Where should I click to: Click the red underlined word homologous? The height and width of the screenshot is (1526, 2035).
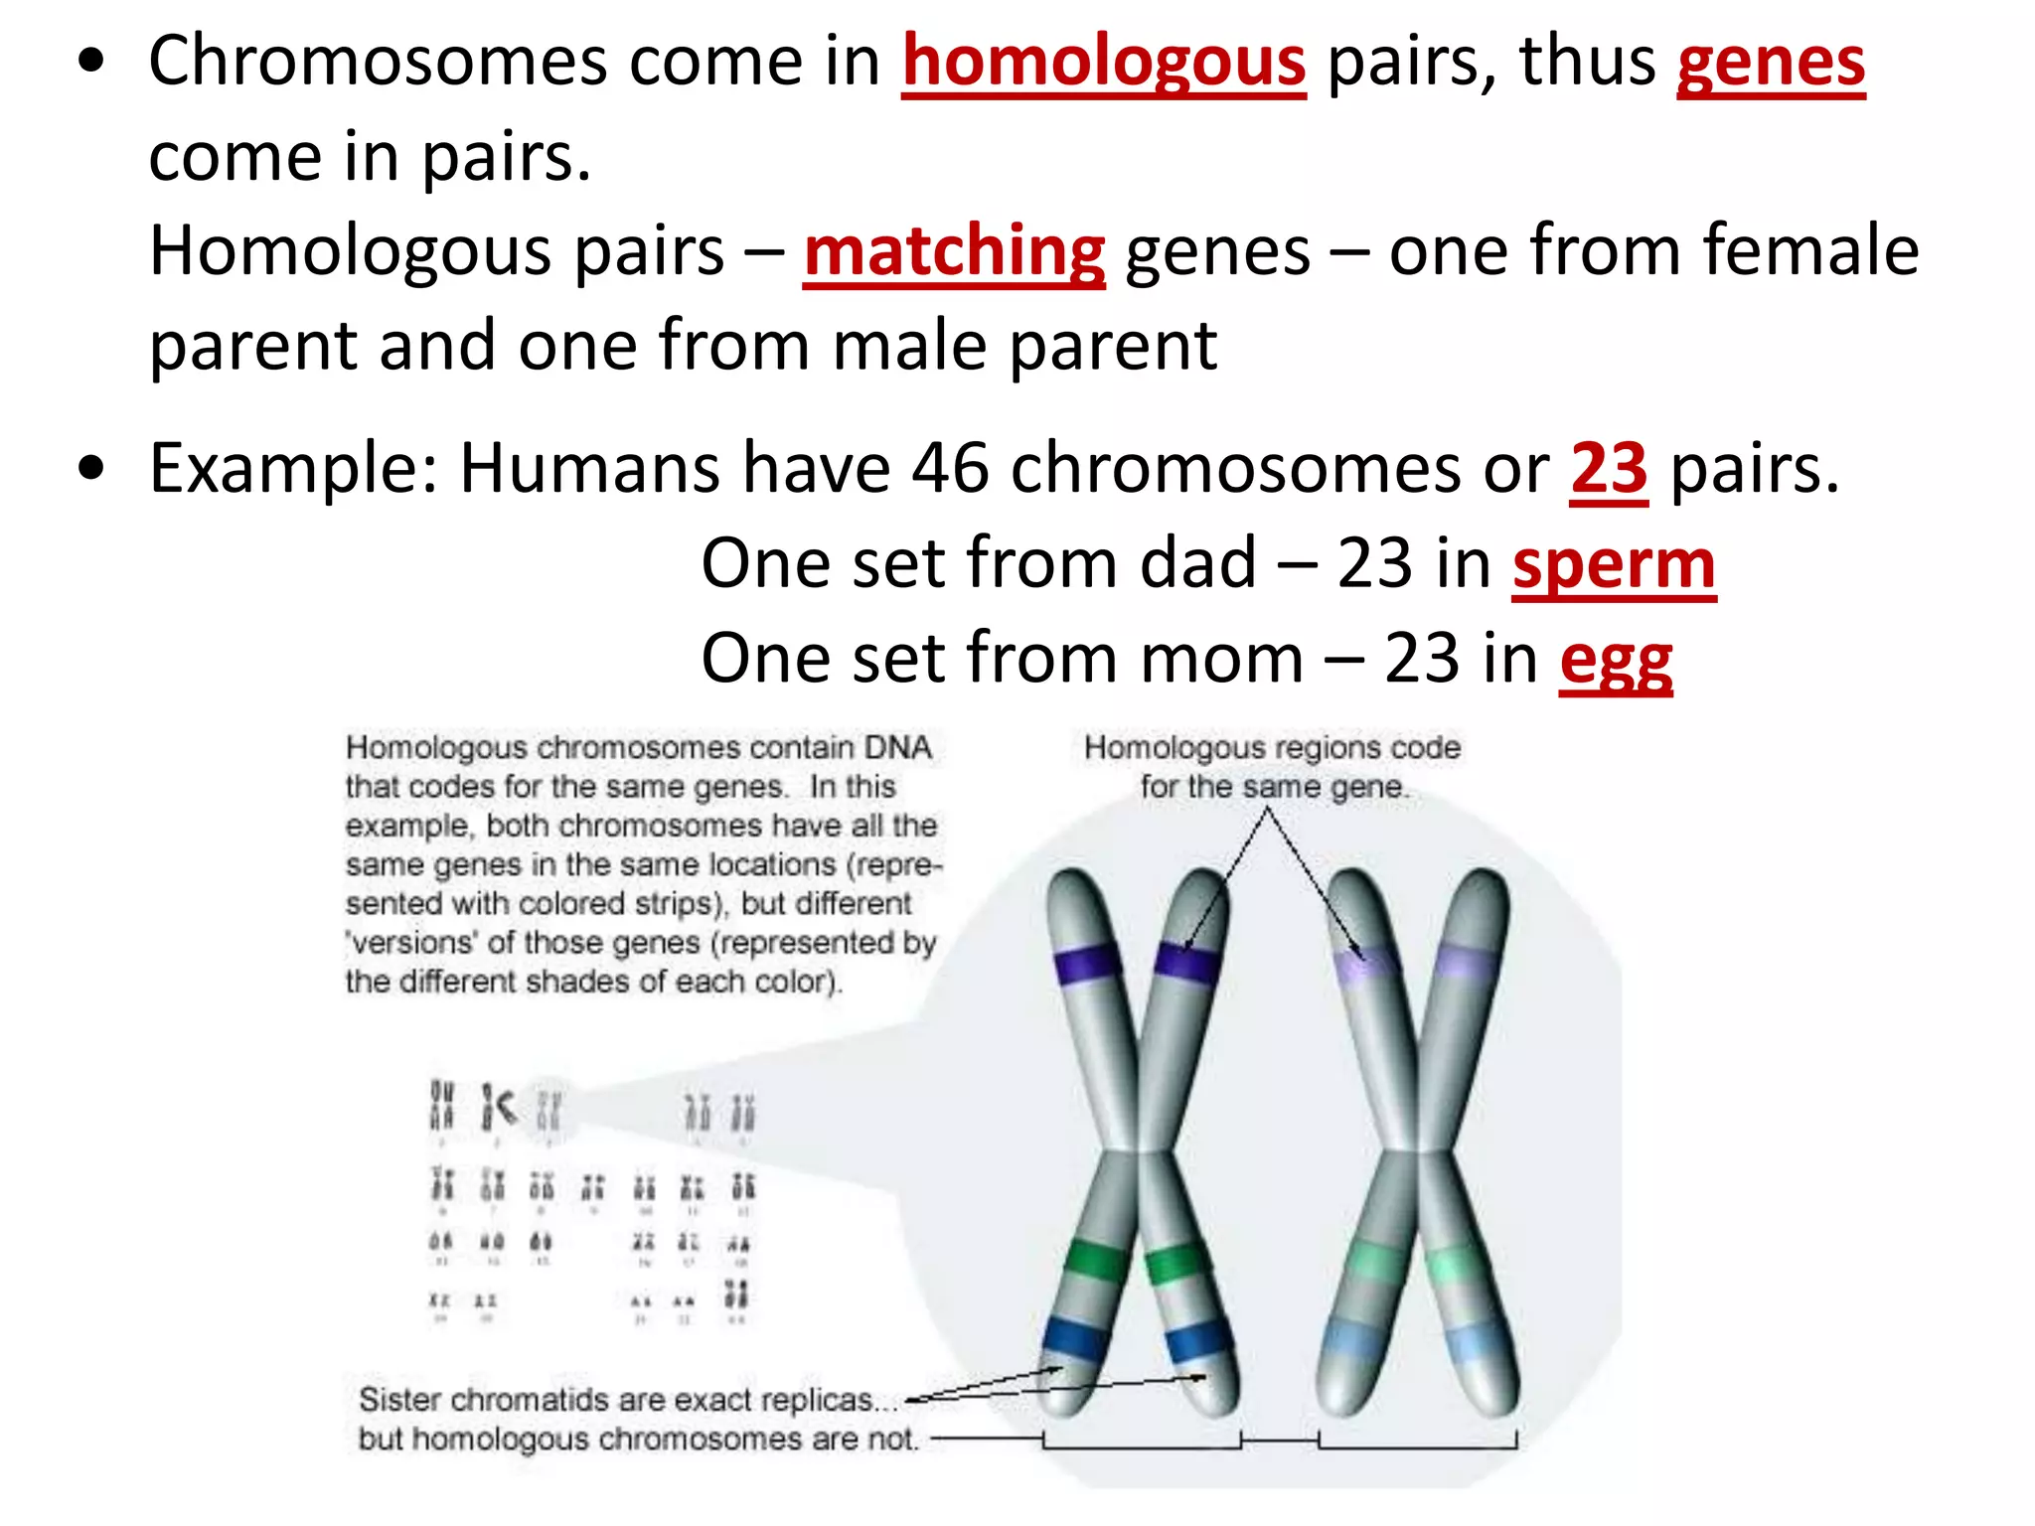[x=1103, y=62]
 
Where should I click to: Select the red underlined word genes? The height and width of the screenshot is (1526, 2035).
[x=1771, y=62]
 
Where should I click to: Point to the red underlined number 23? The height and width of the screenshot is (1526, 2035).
[x=1609, y=468]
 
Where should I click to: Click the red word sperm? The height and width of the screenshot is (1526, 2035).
[x=1614, y=564]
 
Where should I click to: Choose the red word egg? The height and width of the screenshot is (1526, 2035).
[x=1616, y=661]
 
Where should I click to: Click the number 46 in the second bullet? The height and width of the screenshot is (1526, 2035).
[x=950, y=468]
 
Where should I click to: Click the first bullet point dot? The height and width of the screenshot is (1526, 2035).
[x=91, y=62]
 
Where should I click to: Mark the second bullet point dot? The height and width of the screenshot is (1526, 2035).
[x=91, y=468]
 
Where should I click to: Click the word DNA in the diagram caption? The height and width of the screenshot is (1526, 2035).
[x=897, y=747]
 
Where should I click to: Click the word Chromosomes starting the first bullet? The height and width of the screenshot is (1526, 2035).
[x=378, y=62]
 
